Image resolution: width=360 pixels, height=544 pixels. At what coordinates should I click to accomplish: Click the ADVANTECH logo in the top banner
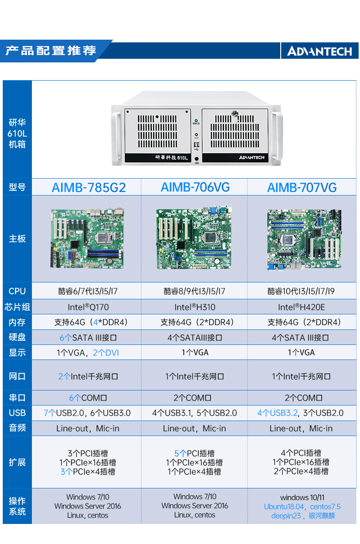tap(319, 51)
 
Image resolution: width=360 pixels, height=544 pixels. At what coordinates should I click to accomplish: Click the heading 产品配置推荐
tap(51, 51)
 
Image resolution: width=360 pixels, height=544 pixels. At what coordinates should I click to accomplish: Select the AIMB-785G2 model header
tap(88, 188)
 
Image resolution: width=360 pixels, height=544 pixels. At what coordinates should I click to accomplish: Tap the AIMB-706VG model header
tap(195, 187)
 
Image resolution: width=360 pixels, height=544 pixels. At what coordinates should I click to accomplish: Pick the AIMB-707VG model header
tap(302, 188)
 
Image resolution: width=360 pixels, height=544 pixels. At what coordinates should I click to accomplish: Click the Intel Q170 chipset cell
tap(88, 307)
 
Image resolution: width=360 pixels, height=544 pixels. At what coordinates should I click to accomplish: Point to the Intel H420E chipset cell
tap(302, 307)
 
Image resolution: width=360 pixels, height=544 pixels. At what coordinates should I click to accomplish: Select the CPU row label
tap(17, 291)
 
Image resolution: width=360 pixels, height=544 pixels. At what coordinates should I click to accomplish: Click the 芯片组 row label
tap(17, 307)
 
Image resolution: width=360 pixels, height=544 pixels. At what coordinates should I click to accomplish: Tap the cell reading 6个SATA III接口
tap(88, 338)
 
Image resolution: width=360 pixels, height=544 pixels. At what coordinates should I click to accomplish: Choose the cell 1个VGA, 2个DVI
tap(88, 353)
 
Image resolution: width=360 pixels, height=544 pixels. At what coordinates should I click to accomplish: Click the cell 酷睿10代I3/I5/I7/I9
tap(302, 291)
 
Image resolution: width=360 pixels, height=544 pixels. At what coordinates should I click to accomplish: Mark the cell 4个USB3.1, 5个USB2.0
tap(195, 413)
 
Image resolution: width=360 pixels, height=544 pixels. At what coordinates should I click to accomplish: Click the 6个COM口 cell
tap(88, 398)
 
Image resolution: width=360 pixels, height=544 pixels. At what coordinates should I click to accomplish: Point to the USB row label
tap(17, 413)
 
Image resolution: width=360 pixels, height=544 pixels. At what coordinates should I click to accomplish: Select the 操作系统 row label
tap(17, 506)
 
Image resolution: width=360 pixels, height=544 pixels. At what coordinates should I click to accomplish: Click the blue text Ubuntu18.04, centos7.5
tap(302, 507)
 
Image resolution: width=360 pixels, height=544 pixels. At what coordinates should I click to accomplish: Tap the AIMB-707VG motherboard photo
tap(303, 239)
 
